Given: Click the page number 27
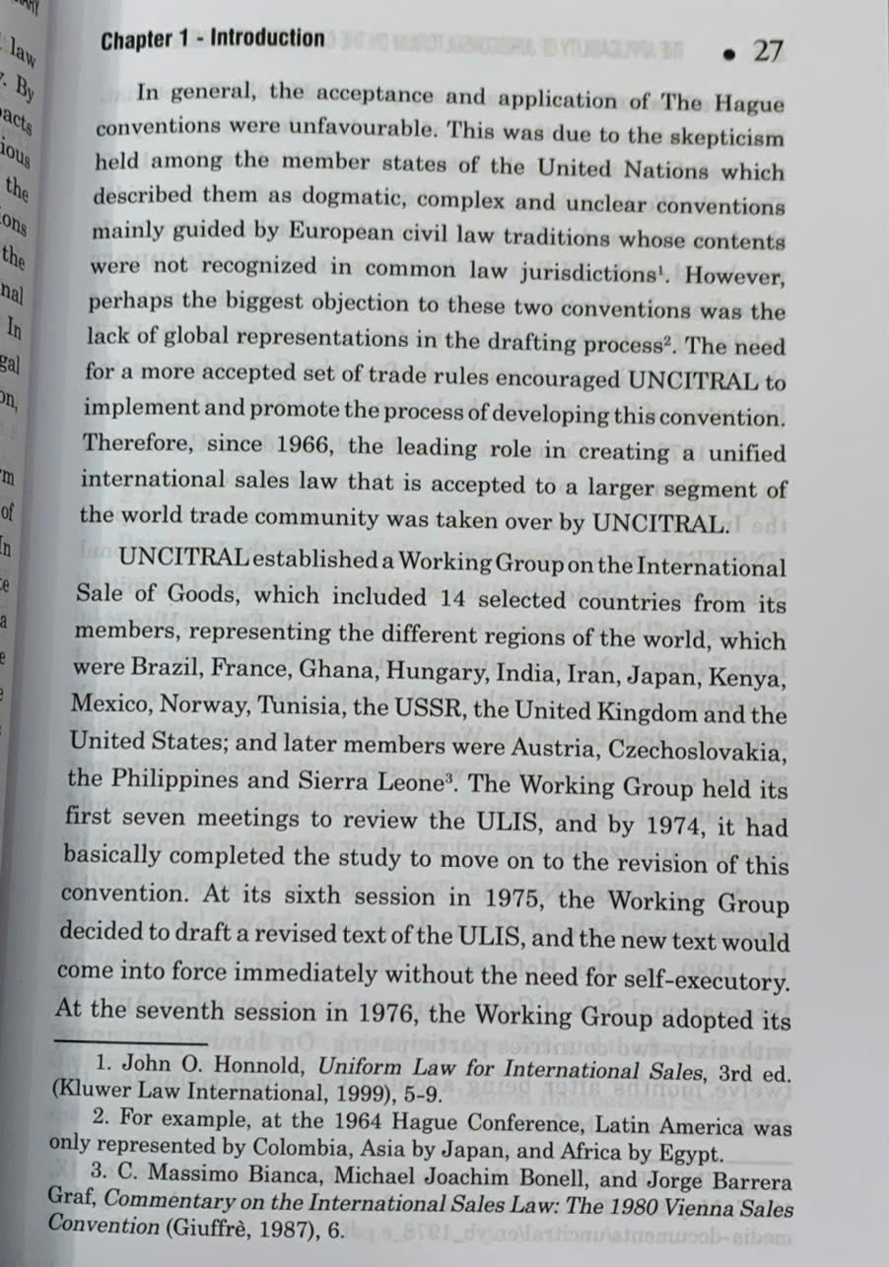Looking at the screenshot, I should coord(768,51).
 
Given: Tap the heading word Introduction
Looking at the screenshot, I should coord(266,39).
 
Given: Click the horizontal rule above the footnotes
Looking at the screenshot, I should coord(131,1041).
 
